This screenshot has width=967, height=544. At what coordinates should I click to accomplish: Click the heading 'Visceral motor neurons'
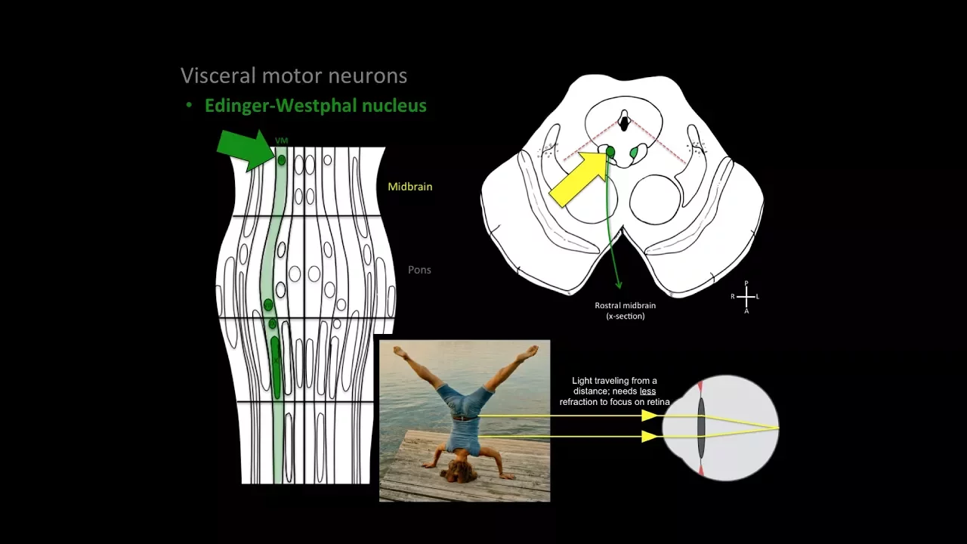pos(294,76)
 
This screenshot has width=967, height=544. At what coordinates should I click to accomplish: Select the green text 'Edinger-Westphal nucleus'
pos(315,106)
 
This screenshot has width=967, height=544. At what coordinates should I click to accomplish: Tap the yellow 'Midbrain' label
pos(409,187)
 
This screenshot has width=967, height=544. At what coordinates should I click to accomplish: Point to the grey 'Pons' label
pos(419,270)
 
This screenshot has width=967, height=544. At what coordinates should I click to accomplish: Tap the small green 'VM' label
pos(282,141)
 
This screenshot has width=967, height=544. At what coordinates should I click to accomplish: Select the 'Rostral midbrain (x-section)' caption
pos(625,311)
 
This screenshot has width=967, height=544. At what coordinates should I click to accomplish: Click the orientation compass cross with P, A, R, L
pos(746,297)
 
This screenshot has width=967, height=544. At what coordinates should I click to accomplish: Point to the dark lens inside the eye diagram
pos(701,428)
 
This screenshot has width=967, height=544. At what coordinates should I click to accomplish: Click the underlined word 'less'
pos(647,391)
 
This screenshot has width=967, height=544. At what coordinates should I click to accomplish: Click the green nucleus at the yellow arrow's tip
pos(610,153)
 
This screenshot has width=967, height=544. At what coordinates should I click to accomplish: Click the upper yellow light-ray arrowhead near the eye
pos(648,415)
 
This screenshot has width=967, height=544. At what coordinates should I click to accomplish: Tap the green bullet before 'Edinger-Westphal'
pos(189,106)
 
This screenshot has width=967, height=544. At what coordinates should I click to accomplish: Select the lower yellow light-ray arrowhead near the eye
pos(648,436)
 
